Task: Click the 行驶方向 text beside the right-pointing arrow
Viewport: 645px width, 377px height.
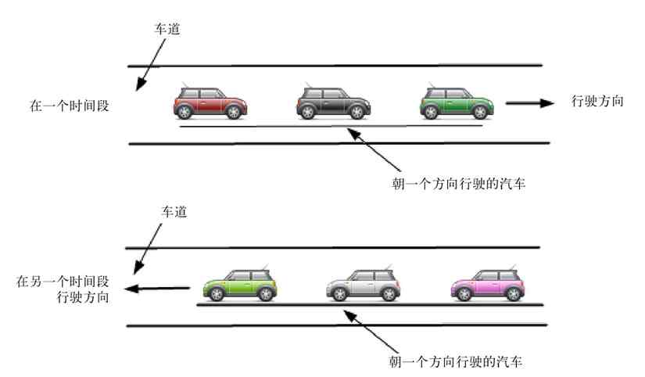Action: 598,101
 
